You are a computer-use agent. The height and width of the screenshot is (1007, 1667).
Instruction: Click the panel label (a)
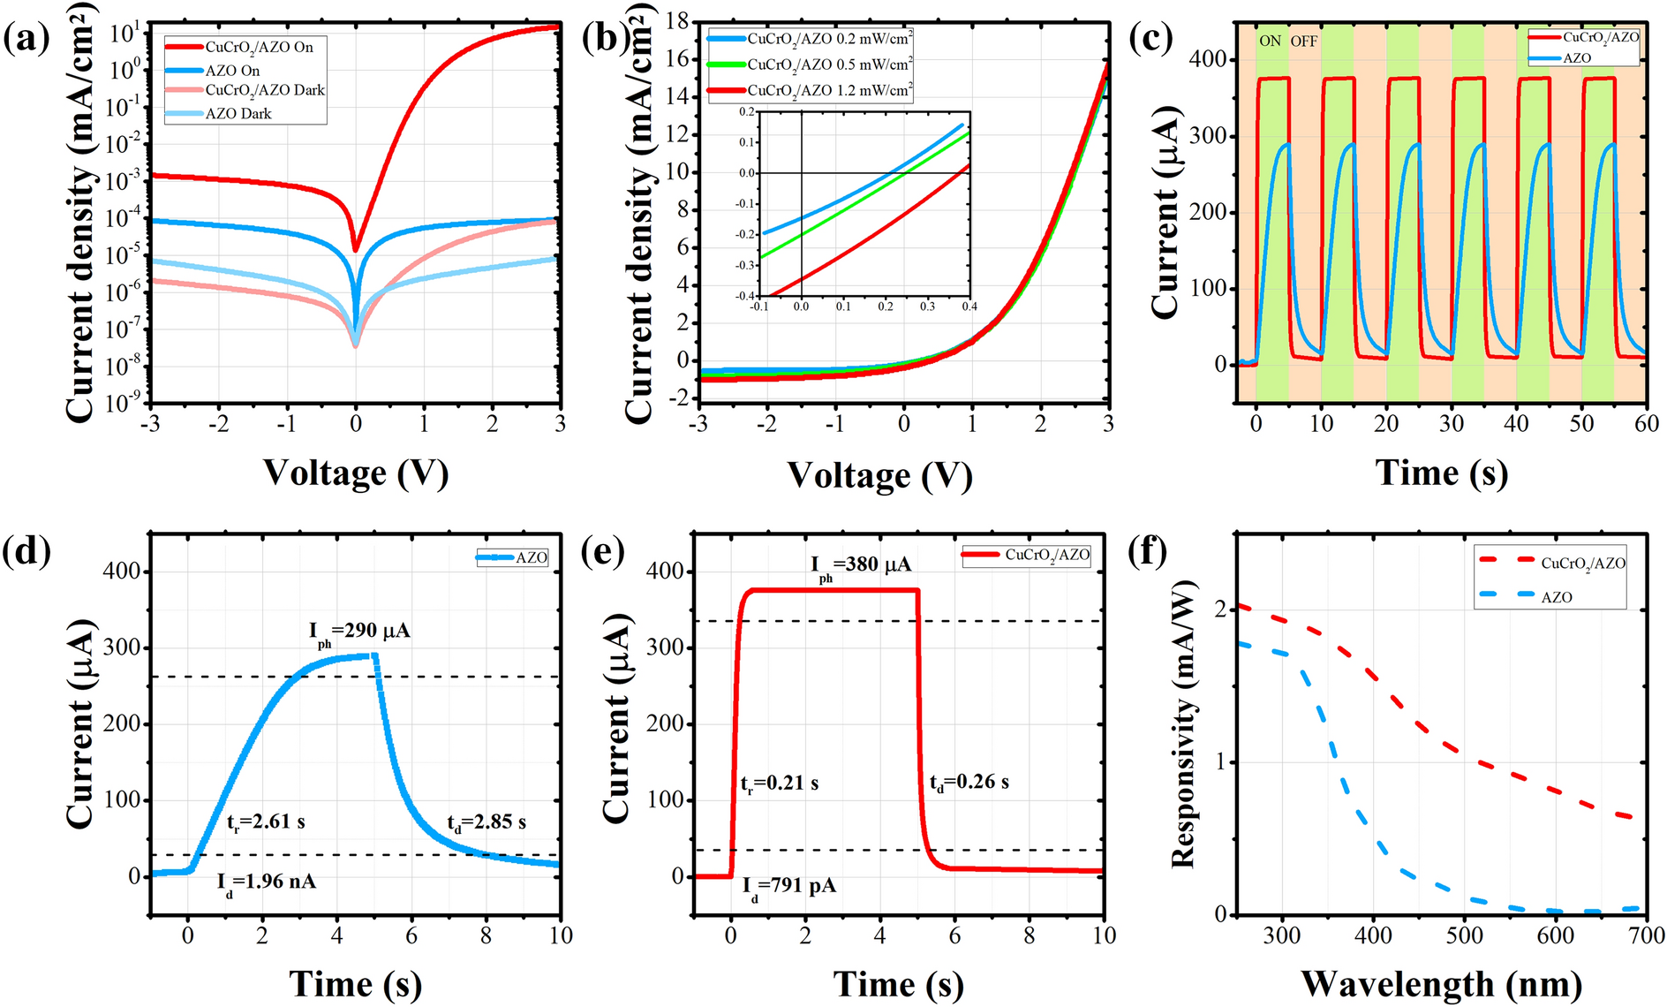pyautogui.click(x=27, y=40)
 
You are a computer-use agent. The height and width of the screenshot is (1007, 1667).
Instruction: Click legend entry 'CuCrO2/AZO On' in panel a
pyautogui.click(x=259, y=47)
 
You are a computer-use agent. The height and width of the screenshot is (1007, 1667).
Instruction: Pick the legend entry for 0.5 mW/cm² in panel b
pyautogui.click(x=829, y=64)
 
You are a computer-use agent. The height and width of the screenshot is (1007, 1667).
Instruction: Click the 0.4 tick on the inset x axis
pyautogui.click(x=969, y=306)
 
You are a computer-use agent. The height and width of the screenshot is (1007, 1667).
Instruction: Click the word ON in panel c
pyautogui.click(x=1270, y=41)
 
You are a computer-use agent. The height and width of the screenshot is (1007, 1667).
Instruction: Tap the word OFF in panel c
pyautogui.click(x=1304, y=41)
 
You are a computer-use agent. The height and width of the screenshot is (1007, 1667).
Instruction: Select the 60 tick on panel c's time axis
pyautogui.click(x=1646, y=423)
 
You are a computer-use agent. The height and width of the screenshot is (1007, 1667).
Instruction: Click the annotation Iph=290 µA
pyautogui.click(x=359, y=632)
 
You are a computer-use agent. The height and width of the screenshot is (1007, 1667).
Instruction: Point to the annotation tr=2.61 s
pyautogui.click(x=266, y=822)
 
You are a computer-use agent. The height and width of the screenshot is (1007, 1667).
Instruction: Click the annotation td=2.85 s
pyautogui.click(x=487, y=822)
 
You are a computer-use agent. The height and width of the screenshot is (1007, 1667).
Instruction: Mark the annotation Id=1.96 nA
pyautogui.click(x=267, y=882)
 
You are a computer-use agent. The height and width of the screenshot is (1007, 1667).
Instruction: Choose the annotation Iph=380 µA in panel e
pyautogui.click(x=861, y=565)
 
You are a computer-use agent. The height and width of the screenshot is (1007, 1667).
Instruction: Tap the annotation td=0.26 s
pyautogui.click(x=969, y=783)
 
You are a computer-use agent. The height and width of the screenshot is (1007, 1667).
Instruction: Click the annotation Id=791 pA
pyautogui.click(x=788, y=886)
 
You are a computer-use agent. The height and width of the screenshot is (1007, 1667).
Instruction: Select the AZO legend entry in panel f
pyautogui.click(x=1556, y=597)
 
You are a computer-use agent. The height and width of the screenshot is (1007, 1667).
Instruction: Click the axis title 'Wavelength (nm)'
pyautogui.click(x=1441, y=984)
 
